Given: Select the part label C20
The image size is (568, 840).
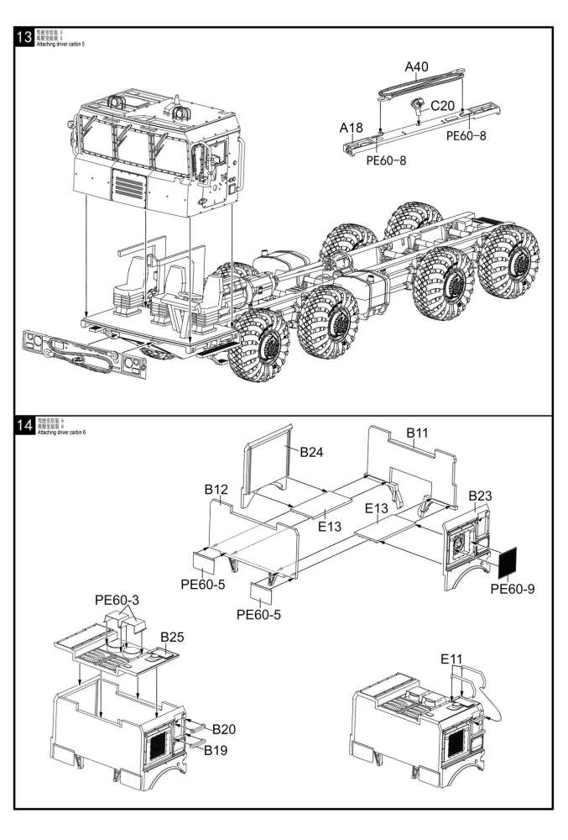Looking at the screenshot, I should coord(446,106).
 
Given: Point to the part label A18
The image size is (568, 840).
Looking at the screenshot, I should coord(351,128).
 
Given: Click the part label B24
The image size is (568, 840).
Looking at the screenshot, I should coord(312,451).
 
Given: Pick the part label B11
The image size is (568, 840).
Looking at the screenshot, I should coord(418,433).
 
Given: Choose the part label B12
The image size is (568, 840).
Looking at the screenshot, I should coord(216,489).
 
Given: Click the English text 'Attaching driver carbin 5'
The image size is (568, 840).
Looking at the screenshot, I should coord(61,43).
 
